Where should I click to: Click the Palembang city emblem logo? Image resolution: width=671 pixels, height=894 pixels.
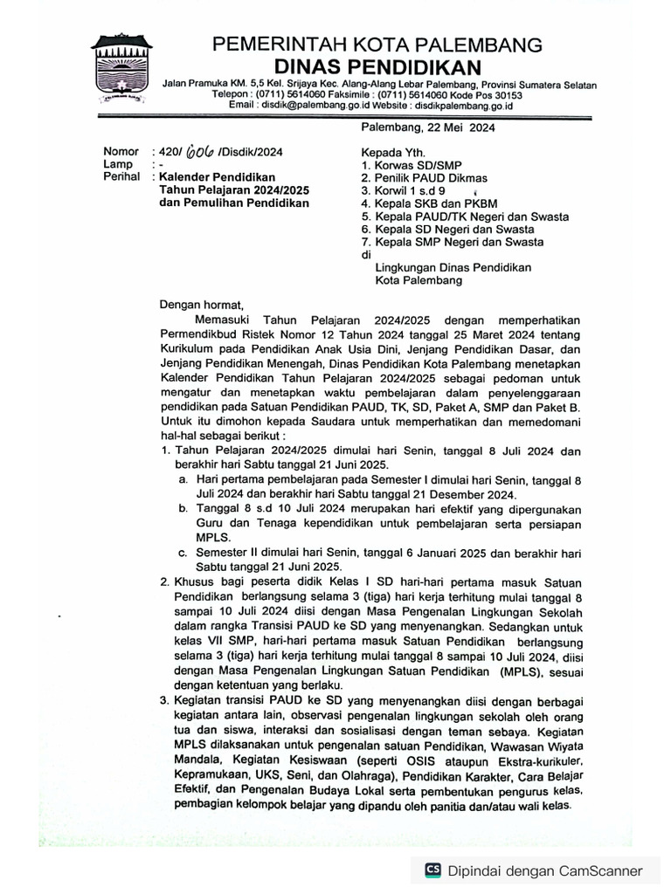(x=122, y=69)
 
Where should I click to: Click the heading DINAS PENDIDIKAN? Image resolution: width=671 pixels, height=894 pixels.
(x=377, y=67)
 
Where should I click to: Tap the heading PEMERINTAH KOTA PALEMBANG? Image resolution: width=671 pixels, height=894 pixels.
(x=377, y=45)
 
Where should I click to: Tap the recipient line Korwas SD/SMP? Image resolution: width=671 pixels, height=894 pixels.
(x=412, y=164)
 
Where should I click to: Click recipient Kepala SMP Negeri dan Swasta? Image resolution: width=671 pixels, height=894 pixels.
(x=453, y=242)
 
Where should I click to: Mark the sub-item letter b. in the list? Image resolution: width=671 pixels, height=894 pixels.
(x=183, y=508)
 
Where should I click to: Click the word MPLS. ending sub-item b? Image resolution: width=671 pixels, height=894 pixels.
(x=212, y=537)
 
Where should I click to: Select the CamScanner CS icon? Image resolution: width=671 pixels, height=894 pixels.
(x=432, y=870)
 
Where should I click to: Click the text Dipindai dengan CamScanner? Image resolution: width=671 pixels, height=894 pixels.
(x=545, y=870)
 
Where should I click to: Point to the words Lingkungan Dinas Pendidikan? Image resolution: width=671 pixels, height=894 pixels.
(x=453, y=268)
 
